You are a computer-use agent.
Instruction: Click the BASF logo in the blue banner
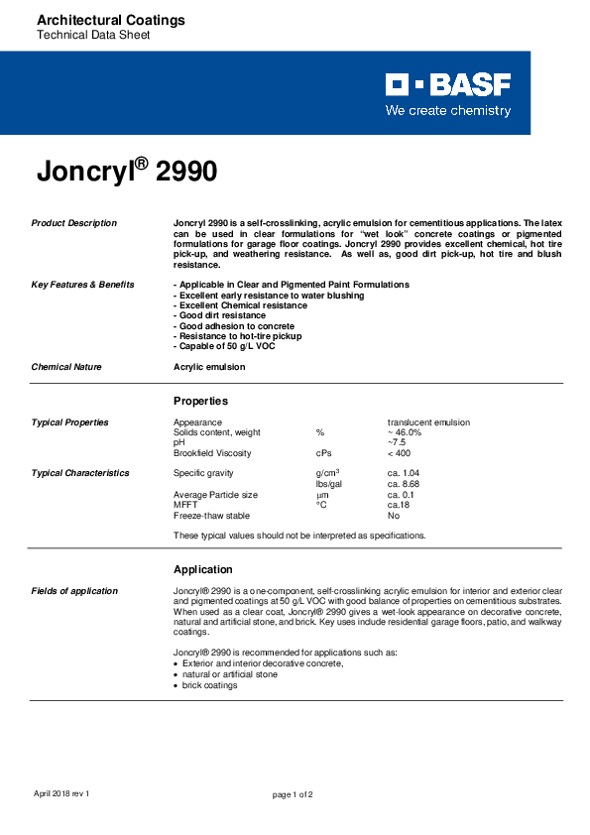(x=448, y=85)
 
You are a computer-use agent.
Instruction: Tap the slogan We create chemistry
(x=448, y=110)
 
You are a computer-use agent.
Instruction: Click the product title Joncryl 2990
(x=127, y=171)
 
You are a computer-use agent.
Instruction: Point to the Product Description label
(x=74, y=223)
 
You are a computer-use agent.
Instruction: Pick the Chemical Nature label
(x=66, y=367)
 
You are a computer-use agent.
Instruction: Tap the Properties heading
(x=200, y=401)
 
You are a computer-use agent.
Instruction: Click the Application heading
(x=203, y=569)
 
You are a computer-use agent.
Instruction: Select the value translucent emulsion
(x=428, y=422)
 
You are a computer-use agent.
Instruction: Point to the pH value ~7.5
(x=397, y=442)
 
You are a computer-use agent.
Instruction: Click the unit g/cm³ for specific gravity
(x=327, y=473)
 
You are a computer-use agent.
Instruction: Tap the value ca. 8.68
(x=404, y=484)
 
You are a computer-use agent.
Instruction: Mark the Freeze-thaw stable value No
(x=394, y=516)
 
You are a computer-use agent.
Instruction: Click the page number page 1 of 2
(x=293, y=794)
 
